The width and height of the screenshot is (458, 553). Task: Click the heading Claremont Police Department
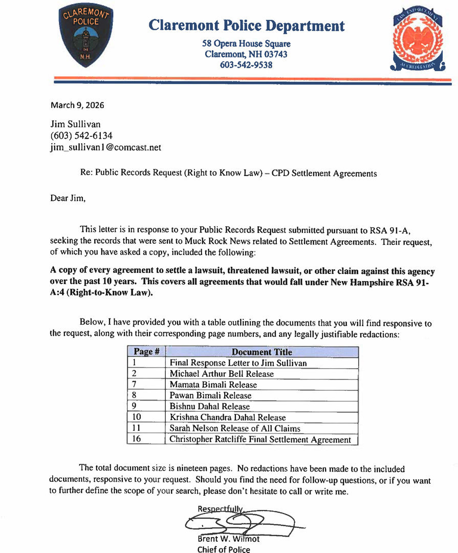point(247,26)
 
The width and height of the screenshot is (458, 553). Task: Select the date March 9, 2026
point(77,105)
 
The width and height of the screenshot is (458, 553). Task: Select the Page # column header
point(147,352)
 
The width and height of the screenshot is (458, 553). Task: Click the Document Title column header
point(262,352)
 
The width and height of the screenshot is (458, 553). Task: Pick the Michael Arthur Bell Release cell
point(222,374)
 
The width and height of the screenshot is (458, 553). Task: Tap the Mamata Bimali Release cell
point(213,385)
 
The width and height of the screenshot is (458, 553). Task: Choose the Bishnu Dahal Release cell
point(210,406)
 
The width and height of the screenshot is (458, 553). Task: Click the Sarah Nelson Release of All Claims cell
point(235,428)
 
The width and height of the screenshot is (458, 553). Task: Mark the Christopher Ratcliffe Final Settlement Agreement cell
point(260,439)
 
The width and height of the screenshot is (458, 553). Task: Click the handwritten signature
point(241,522)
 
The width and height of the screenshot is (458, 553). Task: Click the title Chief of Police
point(224,549)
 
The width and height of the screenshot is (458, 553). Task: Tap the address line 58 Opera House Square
point(246,44)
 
